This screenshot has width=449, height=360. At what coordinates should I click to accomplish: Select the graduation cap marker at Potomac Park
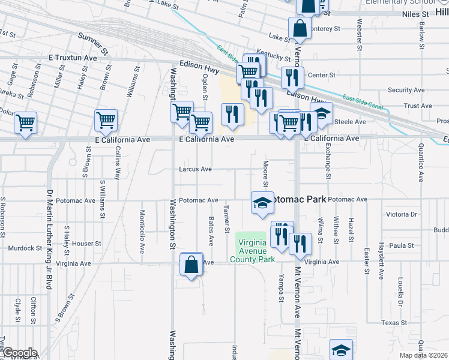click(262, 203)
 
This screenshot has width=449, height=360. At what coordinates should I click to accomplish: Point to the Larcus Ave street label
click(195, 169)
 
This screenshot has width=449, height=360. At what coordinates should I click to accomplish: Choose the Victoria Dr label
click(402, 214)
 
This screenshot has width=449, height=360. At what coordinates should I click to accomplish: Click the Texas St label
click(394, 323)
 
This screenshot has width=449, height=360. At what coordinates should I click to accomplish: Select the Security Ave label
click(406, 90)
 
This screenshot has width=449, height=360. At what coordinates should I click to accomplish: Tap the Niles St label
click(416, 13)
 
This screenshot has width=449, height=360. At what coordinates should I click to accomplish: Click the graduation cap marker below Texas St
click(341, 349)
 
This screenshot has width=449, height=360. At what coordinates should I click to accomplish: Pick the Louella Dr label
click(399, 291)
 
